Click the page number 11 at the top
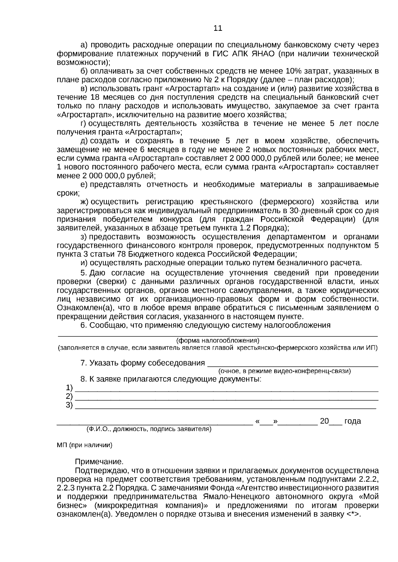(x=218, y=28)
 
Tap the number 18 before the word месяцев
(x=95, y=97)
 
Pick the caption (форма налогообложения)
(x=218, y=340)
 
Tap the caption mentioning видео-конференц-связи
(x=284, y=371)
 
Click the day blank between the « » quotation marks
(x=266, y=422)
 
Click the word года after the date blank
(x=352, y=421)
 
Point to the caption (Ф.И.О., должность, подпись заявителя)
(x=149, y=430)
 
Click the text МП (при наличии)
(x=85, y=445)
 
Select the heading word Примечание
(x=99, y=462)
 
